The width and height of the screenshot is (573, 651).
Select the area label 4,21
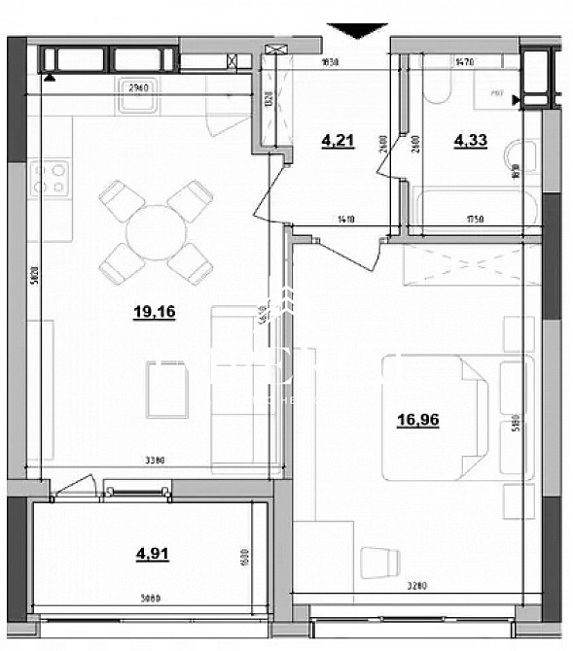337,140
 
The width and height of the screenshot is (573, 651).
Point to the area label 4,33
469,140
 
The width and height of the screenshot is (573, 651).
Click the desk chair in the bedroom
379,561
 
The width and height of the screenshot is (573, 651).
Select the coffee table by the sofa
166,390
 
